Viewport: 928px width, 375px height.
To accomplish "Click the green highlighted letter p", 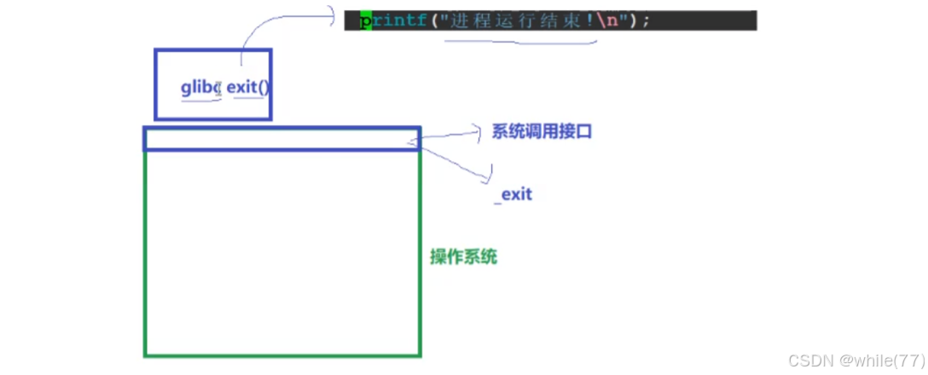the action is [x=366, y=20].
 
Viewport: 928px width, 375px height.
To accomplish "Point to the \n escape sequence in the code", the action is [x=609, y=20].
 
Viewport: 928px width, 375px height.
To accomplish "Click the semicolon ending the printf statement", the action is [x=646, y=20].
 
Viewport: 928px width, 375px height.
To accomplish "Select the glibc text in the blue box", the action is [x=201, y=88].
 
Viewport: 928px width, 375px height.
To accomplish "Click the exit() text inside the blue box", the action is [x=249, y=88].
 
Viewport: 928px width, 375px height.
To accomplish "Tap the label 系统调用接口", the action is [x=542, y=132].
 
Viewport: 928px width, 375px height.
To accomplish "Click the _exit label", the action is [x=513, y=194].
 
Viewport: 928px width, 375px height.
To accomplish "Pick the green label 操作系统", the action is [x=464, y=257].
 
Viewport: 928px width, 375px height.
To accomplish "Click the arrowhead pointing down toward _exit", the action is [x=488, y=177].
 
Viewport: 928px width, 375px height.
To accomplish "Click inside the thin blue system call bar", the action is [x=281, y=139].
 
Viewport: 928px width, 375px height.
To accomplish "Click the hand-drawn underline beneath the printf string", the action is [x=520, y=41].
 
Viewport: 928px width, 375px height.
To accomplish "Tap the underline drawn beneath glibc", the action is [x=200, y=100].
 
